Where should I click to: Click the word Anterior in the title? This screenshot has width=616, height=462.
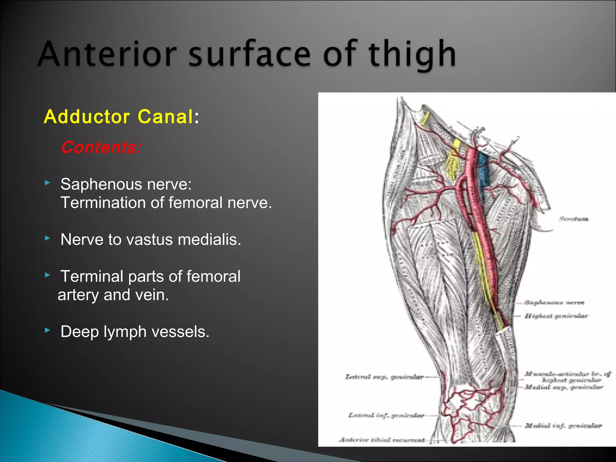point(107,54)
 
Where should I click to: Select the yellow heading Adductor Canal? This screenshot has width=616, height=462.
point(118,116)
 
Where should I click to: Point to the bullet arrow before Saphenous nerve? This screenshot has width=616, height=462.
point(47,183)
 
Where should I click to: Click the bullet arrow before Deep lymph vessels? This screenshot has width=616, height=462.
point(47,330)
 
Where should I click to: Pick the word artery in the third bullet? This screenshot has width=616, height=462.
point(78,295)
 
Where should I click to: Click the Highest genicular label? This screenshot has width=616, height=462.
point(556,316)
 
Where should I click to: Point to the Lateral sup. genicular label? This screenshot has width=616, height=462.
point(384,377)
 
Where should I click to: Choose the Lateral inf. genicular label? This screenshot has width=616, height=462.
point(386,415)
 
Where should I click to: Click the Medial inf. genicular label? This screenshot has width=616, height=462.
point(563,425)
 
